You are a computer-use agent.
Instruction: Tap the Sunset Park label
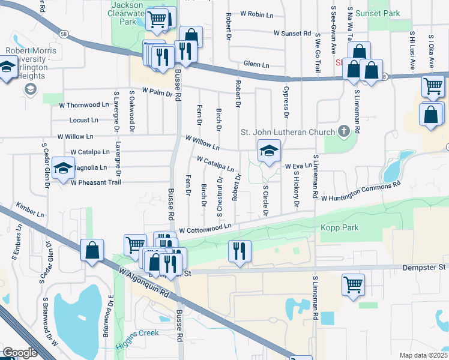pyautogui.click(x=376, y=13)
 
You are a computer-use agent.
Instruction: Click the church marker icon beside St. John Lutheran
pyautogui.click(x=344, y=130)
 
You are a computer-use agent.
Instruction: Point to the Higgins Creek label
pyautogui.click(x=139, y=333)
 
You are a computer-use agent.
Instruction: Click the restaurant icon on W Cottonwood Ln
pyautogui.click(x=240, y=251)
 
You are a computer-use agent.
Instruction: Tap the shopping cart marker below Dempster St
pyautogui.click(x=353, y=284)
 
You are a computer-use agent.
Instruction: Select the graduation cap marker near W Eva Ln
pyautogui.click(x=269, y=151)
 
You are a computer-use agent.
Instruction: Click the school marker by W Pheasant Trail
pyautogui.click(x=63, y=169)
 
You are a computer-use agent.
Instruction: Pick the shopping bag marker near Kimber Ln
pyautogui.click(x=92, y=250)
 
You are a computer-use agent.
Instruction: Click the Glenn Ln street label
pyautogui.click(x=258, y=64)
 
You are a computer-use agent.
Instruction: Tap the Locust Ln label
pyautogui.click(x=83, y=121)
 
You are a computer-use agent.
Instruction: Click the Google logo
pyautogui.click(x=20, y=352)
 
